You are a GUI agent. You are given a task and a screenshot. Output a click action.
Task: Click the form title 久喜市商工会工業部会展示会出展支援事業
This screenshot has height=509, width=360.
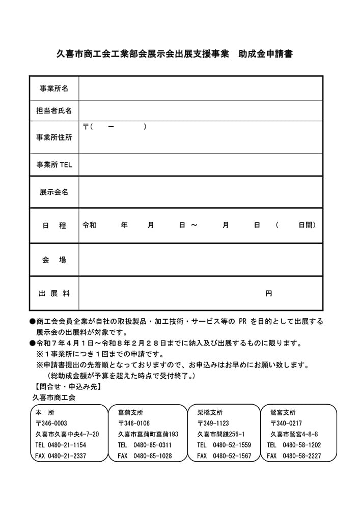[143, 54]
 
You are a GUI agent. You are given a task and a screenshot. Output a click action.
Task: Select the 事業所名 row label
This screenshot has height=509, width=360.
[54, 89]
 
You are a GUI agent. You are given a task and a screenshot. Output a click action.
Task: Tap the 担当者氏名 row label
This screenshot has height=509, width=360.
[54, 110]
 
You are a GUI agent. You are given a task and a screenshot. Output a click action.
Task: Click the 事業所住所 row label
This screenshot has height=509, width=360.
[54, 137]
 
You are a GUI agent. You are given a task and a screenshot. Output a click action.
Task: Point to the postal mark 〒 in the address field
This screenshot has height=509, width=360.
[86, 126]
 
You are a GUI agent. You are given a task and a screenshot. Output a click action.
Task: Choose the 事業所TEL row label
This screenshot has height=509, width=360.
[54, 164]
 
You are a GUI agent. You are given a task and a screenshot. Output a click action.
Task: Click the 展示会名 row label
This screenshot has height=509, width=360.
[54, 192]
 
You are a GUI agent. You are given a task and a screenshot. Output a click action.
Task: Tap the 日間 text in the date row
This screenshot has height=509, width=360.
[307, 225]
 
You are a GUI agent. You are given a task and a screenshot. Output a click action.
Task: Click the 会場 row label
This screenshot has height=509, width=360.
[54, 260]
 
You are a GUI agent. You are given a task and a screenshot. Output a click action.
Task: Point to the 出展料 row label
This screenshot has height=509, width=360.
[54, 293]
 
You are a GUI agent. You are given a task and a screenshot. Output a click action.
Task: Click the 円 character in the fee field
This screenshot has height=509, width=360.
[268, 293]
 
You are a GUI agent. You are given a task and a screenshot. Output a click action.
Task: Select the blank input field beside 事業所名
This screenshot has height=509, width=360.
[200, 89]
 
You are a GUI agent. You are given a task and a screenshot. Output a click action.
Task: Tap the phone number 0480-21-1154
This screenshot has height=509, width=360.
[67, 445]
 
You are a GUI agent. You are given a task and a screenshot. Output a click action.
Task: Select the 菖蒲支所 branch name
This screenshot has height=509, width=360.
[130, 412]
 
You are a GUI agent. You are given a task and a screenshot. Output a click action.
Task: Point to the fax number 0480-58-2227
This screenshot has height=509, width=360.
[301, 456]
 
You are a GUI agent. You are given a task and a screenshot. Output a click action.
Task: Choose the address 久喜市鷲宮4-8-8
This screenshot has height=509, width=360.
[294, 434]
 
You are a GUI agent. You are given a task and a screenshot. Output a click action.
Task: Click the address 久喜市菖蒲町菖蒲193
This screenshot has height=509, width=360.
[148, 434]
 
